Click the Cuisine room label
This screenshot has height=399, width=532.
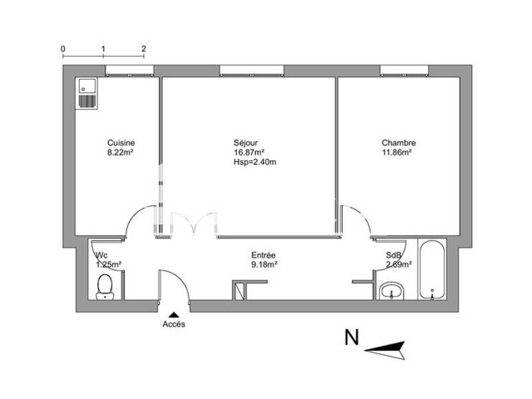coord(121,143)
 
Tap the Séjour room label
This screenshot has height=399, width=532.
coord(245,143)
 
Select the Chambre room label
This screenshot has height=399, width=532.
coord(398,143)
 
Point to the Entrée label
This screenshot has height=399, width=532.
coord(263,255)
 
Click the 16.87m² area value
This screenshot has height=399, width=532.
coord(247,152)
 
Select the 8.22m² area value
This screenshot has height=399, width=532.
coord(121,152)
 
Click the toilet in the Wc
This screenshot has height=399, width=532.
coord(105,288)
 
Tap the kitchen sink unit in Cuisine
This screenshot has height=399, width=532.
coord(87,92)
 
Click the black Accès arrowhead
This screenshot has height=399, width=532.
coord(174,315)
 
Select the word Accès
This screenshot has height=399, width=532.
coord(174,325)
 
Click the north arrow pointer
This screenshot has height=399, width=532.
coord(385,347)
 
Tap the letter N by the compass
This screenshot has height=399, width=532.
coord(351,338)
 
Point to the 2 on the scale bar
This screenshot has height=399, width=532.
coord(144,49)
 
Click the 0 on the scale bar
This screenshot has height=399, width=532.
coord(63,49)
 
